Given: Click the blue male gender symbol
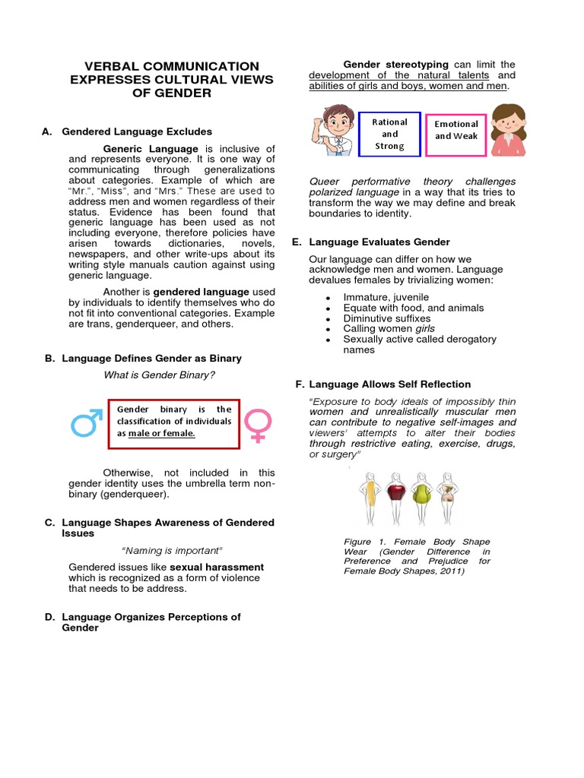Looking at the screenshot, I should (x=86, y=423).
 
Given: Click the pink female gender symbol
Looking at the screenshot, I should (x=259, y=425).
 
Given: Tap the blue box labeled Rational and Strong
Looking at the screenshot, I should (x=389, y=134).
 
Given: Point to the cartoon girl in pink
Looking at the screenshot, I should (x=508, y=129).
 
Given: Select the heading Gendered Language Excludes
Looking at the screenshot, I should (x=137, y=131).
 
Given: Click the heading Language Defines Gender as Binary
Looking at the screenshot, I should (x=151, y=358).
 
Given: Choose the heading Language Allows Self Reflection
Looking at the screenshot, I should (x=390, y=384).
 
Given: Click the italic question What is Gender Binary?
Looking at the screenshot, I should (x=160, y=375).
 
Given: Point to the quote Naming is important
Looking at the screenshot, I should (x=172, y=550).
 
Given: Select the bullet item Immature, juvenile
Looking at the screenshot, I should (x=386, y=297).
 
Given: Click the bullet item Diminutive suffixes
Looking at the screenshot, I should (x=387, y=318).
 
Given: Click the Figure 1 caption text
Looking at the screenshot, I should (x=417, y=556).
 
